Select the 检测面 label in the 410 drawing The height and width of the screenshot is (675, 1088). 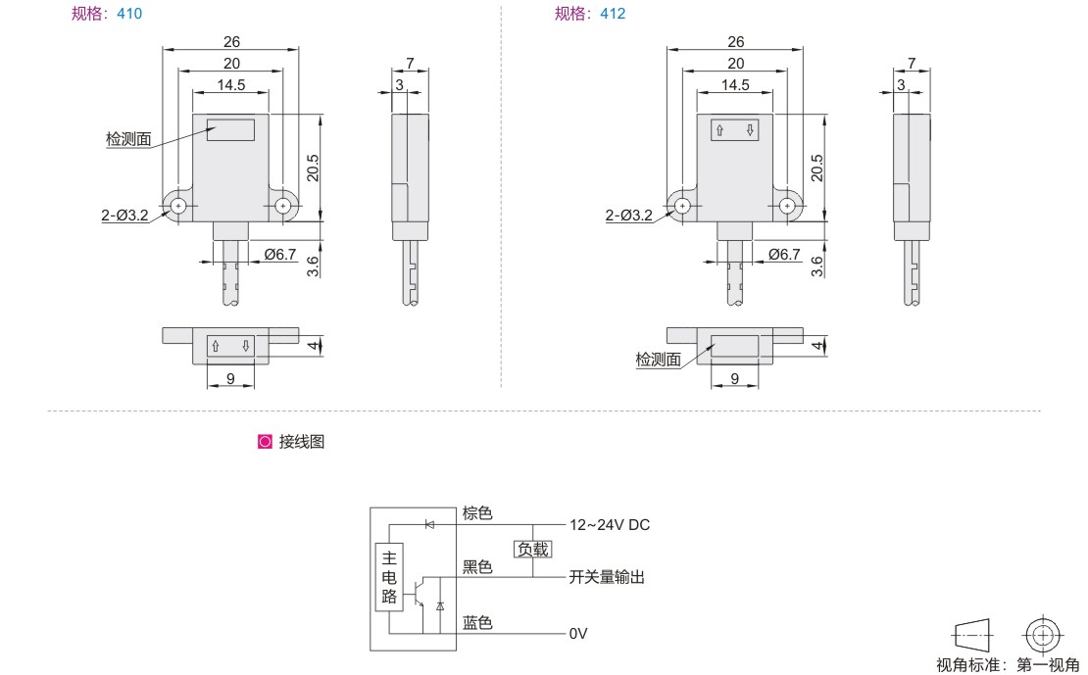(128, 140)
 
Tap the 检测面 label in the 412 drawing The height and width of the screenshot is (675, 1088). (658, 361)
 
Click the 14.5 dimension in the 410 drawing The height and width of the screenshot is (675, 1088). (230, 85)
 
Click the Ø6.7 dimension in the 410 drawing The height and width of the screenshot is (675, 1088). (280, 255)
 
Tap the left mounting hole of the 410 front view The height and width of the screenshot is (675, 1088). (178, 206)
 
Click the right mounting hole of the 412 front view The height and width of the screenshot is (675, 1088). (787, 206)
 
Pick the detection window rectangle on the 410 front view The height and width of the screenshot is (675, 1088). (230, 130)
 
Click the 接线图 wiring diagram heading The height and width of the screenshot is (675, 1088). (301, 442)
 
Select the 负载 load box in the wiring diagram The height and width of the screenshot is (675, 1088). (532, 550)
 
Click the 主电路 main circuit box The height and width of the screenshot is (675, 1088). (389, 578)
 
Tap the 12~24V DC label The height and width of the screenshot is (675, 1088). (610, 525)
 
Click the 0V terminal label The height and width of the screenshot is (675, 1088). (578, 634)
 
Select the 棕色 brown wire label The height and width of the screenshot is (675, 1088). (477, 513)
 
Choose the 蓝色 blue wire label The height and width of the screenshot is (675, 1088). (477, 623)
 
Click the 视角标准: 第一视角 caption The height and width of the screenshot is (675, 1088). (1009, 665)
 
